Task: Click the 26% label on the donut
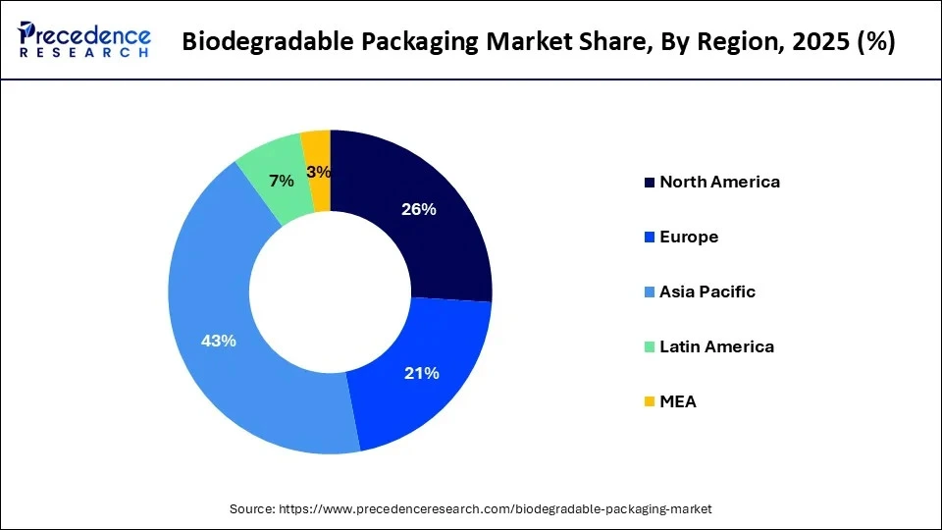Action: [x=419, y=209]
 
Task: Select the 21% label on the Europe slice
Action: [x=422, y=373]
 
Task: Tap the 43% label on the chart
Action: [x=218, y=341]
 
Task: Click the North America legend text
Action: [x=719, y=182]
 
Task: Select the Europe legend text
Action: [x=689, y=237]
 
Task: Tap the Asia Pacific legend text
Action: [x=707, y=291]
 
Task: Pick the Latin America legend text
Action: [x=716, y=346]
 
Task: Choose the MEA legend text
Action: [x=678, y=401]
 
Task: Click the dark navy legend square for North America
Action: [x=649, y=183]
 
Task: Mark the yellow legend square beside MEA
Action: [x=649, y=402]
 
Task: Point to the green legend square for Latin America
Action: [x=649, y=347]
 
